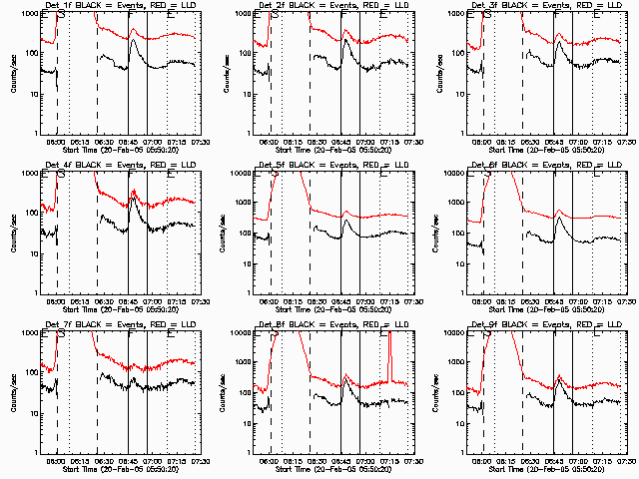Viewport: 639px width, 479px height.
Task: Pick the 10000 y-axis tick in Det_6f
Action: tap(460, 173)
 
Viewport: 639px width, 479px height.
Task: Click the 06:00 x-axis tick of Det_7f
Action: tap(57, 459)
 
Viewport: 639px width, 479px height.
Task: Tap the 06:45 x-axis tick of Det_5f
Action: tap(342, 299)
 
